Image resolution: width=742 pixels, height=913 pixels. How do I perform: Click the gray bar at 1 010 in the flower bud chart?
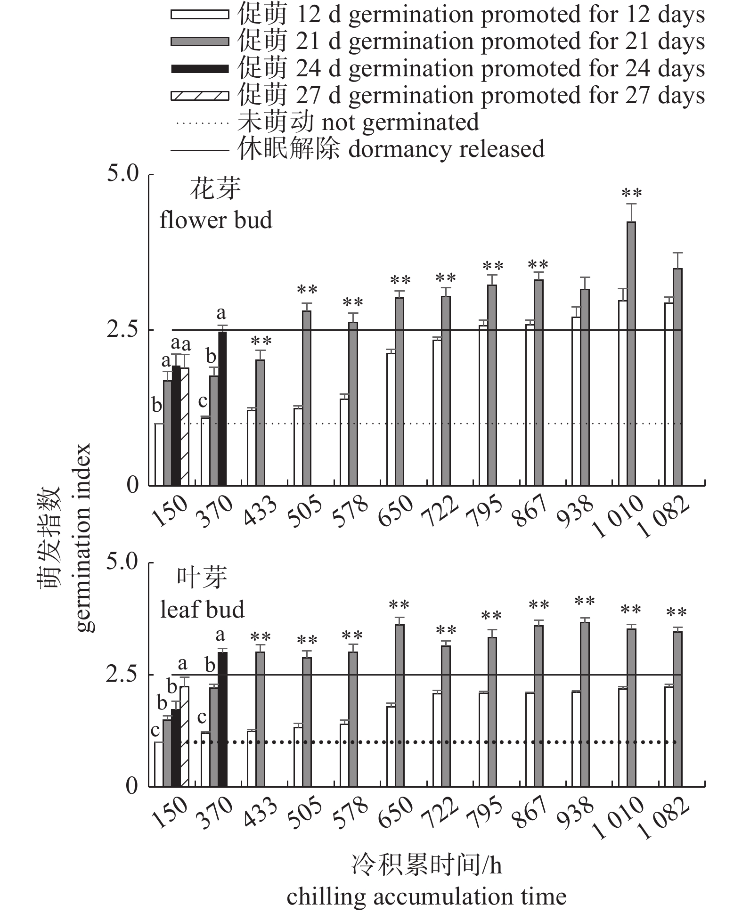pyautogui.click(x=631, y=353)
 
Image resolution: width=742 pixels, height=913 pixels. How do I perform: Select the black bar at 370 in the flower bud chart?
pyautogui.click(x=222, y=408)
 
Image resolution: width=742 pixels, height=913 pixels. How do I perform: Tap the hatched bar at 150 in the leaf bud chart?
pyautogui.click(x=184, y=736)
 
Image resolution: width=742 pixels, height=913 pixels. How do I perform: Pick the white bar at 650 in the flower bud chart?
pyautogui.click(x=391, y=419)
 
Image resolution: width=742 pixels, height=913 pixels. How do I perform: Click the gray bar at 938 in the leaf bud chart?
pyautogui.click(x=585, y=704)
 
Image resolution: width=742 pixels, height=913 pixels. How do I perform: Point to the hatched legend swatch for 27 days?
pyautogui.click(x=200, y=96)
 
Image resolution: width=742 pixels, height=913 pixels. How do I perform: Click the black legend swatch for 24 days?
pyautogui.click(x=200, y=69)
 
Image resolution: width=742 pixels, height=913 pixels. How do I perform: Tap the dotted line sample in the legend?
pyautogui.click(x=200, y=123)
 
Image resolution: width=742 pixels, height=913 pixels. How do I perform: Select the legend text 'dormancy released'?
pyautogui.click(x=446, y=149)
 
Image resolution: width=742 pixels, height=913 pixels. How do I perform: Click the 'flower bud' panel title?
pyautogui.click(x=216, y=220)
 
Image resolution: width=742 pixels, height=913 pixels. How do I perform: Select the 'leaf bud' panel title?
pyautogui.click(x=202, y=610)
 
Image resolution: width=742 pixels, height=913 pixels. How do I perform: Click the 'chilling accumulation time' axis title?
pyautogui.click(x=426, y=897)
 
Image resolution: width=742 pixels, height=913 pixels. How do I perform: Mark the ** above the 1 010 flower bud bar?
pyautogui.click(x=631, y=193)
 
